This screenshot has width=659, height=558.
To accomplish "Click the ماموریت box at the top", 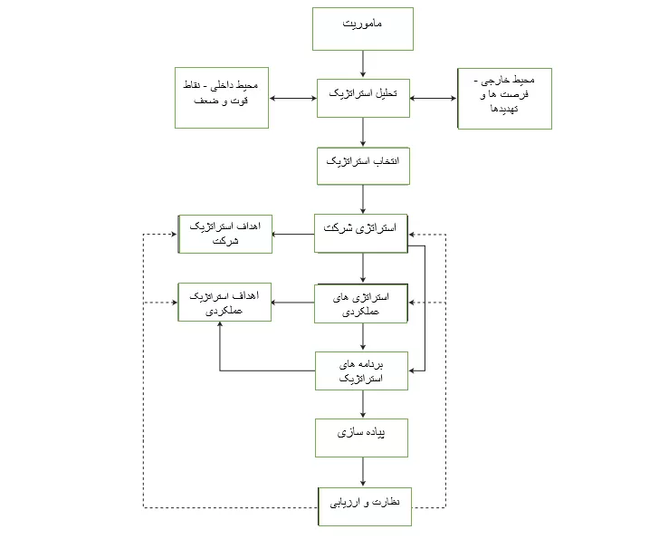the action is pos(363,29).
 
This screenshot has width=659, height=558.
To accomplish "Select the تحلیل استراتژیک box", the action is pos(363,98).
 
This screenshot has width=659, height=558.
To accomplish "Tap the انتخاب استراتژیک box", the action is pos(363,166).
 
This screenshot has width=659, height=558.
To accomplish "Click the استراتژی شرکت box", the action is pos(361,234).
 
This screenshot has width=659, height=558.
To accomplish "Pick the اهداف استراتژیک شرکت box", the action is pos(225,235).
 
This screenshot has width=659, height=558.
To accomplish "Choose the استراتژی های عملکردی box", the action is pos(361,303).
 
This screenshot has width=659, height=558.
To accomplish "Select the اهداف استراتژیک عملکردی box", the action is pos(224,303).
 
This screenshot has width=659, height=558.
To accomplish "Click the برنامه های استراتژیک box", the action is pos(361,370).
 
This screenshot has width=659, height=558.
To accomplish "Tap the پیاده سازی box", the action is pos(361,438).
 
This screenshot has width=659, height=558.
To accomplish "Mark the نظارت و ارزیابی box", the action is pos(365,506).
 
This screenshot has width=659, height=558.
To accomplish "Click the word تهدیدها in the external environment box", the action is pos(504,109).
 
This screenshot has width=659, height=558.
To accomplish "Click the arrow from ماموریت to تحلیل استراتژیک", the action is pos(363,64).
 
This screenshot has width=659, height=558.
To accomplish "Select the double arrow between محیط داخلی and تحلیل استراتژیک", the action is pos(293,99).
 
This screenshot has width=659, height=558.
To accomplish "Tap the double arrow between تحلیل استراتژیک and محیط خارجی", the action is pos(434,99).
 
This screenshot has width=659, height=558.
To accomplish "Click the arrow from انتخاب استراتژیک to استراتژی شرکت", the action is pos(363,199).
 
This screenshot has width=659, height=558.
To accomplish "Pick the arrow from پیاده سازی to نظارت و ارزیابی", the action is pos(363,472).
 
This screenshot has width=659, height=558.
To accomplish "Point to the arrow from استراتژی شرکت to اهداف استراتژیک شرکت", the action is pos(293,235).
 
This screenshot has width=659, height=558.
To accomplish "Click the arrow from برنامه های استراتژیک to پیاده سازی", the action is pos(363,405).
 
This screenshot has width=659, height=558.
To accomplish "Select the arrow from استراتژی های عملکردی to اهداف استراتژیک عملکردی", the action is pos(292,303).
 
